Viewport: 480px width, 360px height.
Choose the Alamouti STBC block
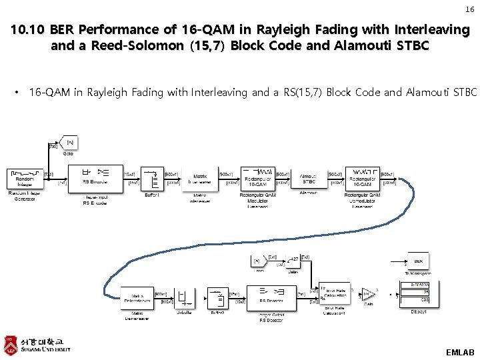[x=308, y=177]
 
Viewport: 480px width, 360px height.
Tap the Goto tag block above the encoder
[x=69, y=143]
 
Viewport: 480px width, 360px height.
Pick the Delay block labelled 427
[x=294, y=260]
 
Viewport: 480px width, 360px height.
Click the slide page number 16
[x=469, y=9]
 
